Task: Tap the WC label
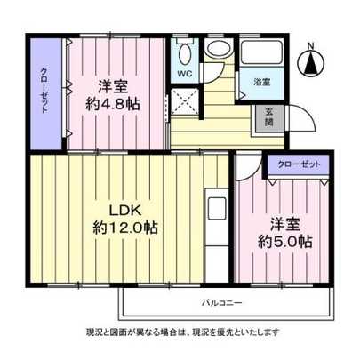pos(184,74)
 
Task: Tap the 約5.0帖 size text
pos(284,241)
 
